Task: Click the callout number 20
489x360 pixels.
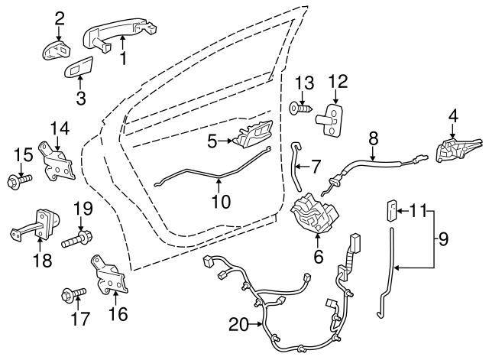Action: (x=239, y=325)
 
